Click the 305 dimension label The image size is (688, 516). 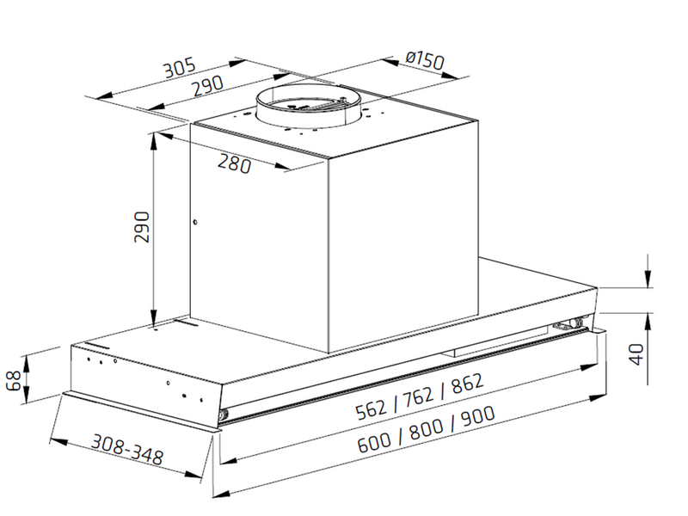179,69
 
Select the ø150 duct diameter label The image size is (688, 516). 425,60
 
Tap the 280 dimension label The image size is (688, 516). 235,163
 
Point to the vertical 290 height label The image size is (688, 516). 142,227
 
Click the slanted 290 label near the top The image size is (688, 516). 208,86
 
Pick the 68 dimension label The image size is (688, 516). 13,380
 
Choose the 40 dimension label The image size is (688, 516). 636,354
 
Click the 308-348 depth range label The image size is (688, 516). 126,449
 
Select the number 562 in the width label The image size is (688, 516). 372,410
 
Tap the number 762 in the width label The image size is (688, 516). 419,396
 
